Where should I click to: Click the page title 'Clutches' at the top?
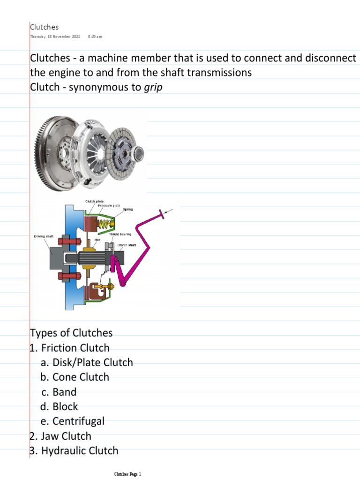coord(45,27)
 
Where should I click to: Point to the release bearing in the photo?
coord(139,153)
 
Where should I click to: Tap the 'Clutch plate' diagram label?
coord(94,201)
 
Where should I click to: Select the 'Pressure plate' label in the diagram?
coord(109,205)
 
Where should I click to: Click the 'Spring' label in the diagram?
coord(128,209)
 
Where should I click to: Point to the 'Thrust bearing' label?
coord(120,233)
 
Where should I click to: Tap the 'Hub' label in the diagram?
coord(97,239)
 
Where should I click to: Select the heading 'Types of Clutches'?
coord(71,333)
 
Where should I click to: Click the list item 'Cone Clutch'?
coord(81,377)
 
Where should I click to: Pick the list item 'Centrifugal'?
coord(78,421)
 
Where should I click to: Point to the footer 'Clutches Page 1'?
coord(127,474)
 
